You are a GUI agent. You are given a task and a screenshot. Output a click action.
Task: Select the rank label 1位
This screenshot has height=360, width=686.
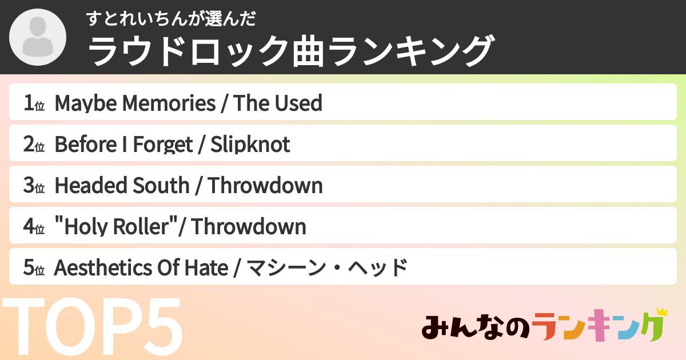[34, 103]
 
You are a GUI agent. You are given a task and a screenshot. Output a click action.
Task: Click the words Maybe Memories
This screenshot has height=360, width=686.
[135, 103]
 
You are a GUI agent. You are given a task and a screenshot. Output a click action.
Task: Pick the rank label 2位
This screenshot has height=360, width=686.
[34, 145]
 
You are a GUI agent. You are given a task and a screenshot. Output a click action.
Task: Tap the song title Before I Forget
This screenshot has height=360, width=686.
[123, 145]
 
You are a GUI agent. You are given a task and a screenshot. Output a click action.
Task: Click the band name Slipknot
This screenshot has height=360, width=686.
[250, 145]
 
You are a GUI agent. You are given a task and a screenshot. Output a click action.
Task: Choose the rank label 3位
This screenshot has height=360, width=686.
[34, 186]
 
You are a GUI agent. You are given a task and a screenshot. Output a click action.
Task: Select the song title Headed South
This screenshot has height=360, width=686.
[122, 186]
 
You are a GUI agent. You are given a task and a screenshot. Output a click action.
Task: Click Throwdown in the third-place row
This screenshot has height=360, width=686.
[265, 186]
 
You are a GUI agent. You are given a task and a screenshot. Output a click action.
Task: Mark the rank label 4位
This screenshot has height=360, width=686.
[34, 227]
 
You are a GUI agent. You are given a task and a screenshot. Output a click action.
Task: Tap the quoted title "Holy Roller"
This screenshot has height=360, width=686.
[115, 227]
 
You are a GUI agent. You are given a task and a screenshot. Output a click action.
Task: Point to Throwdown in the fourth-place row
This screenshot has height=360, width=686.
[249, 227]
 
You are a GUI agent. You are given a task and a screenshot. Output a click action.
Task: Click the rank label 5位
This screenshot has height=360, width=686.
[34, 268]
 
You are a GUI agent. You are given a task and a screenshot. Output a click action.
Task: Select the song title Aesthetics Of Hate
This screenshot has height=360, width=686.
[141, 268]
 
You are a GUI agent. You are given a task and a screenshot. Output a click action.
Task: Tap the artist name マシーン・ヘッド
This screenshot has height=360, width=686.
[326, 268]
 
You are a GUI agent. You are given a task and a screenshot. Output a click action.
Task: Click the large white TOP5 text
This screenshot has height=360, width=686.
[91, 329]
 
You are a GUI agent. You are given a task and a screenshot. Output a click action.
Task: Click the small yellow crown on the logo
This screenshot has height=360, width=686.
[662, 312]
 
